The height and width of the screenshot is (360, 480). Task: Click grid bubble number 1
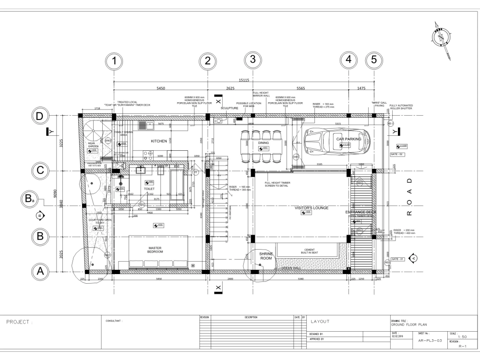coord(114,61)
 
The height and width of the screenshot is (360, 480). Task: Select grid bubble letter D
coord(41,116)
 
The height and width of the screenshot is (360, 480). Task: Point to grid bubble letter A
coord(41,271)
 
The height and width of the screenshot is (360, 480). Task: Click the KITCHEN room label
coord(159,142)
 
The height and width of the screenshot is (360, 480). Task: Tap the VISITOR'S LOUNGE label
coord(312,208)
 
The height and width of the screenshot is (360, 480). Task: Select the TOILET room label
coord(149,189)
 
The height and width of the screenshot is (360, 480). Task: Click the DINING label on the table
coord(264,143)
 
